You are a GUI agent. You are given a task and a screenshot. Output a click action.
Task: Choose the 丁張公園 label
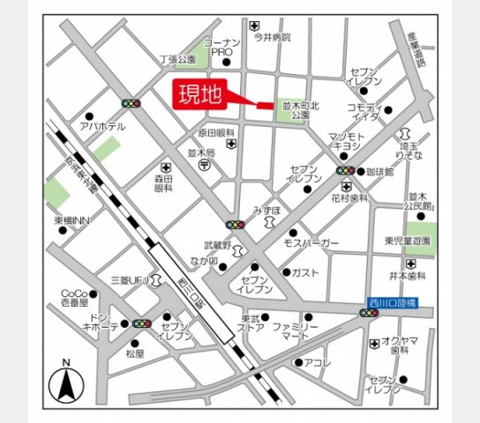(176, 59)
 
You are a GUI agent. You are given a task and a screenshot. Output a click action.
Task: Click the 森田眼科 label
(164, 182)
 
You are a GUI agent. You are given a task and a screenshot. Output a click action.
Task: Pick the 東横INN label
(72, 219)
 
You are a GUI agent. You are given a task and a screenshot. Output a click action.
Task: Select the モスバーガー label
(311, 242)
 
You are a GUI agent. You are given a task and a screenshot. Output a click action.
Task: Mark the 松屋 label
(133, 352)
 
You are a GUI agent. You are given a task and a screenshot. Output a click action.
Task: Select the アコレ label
(317, 363)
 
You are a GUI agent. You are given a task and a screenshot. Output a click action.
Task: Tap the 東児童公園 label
(407, 241)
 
